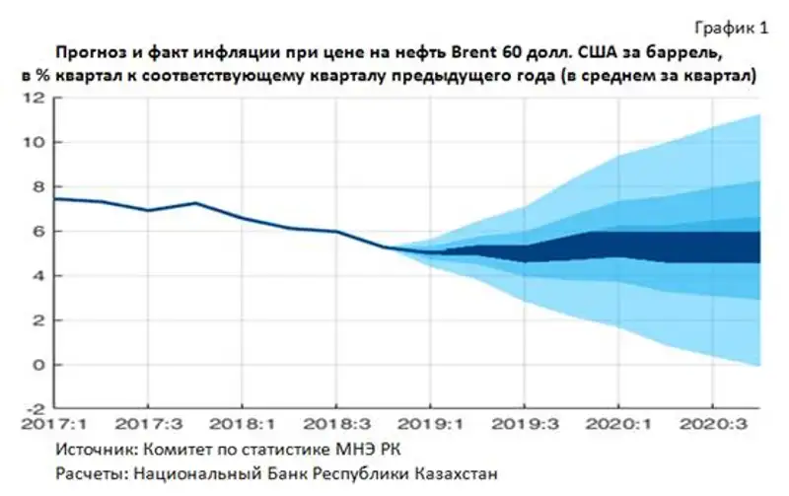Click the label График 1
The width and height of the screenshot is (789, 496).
(x=734, y=29)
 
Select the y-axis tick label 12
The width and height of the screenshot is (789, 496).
(x=36, y=98)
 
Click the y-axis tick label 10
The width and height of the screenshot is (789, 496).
(x=36, y=142)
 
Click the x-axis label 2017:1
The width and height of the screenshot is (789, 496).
(x=53, y=425)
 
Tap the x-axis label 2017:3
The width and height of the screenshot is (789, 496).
(x=147, y=425)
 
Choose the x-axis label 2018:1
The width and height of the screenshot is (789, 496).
(x=242, y=425)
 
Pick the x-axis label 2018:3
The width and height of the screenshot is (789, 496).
(x=335, y=425)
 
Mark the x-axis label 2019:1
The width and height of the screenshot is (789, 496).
(x=430, y=425)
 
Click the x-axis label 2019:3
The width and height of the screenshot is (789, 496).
(x=524, y=425)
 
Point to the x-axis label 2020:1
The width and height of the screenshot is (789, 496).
(x=618, y=425)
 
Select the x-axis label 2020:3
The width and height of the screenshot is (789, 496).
(x=712, y=425)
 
